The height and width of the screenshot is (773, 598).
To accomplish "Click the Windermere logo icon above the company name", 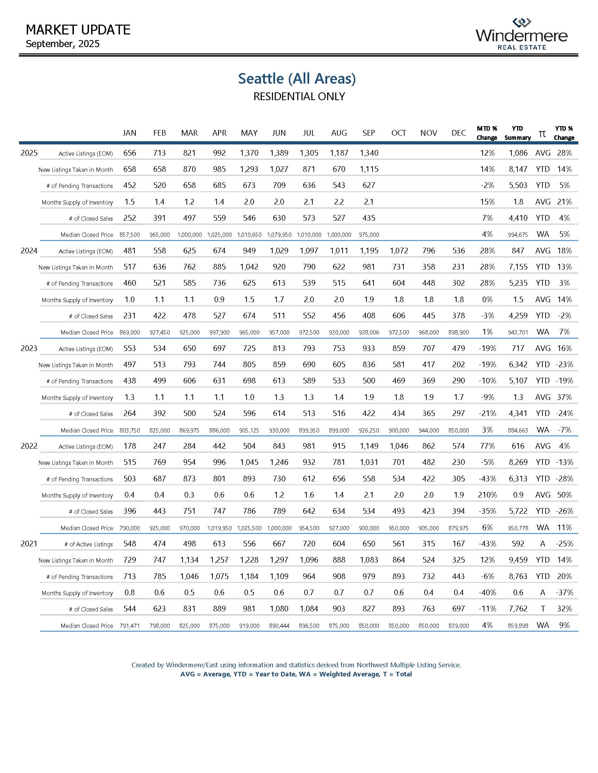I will (522, 23).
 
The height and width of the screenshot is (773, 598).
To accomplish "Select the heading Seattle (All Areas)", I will (297, 79).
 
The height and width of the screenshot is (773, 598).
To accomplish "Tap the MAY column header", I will (249, 133).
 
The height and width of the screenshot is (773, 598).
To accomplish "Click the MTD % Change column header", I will (487, 133).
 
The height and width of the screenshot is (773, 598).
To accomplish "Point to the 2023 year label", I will (29, 348).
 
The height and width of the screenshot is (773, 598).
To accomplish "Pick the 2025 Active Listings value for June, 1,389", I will (279, 153).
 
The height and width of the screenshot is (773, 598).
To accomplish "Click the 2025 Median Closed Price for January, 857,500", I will (130, 235).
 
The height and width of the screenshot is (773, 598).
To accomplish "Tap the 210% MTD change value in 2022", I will (487, 495).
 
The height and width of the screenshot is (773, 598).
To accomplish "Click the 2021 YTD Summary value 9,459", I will (518, 560).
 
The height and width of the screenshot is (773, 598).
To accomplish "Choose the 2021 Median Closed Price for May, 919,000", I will (249, 626).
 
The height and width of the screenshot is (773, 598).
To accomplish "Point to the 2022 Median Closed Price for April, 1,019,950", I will (219, 528).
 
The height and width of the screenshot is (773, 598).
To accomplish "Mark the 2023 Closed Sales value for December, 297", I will (458, 414).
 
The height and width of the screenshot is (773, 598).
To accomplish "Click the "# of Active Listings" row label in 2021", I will (89, 544).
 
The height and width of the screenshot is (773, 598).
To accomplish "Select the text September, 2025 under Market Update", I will (63, 44).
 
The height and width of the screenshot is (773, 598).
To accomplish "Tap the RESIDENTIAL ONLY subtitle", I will (299, 97).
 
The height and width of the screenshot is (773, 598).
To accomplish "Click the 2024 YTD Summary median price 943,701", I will (518, 332).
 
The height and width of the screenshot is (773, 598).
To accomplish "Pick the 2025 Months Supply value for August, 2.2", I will (339, 202).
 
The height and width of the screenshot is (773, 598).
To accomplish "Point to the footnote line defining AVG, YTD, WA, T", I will (296, 674).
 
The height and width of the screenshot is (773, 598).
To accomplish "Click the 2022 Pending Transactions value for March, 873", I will (189, 479).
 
